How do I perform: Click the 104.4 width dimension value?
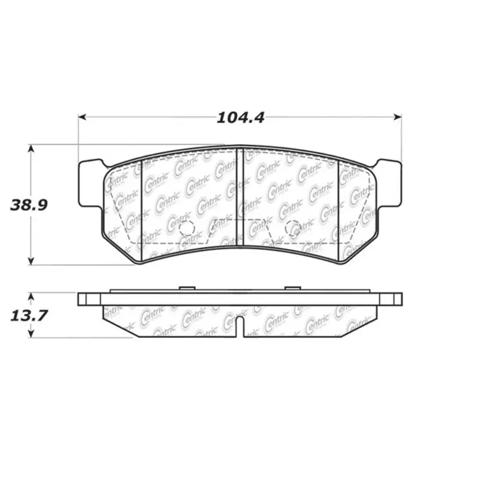coord(240,118)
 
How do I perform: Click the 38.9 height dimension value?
coord(29,205)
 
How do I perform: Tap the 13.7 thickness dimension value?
coord(27,315)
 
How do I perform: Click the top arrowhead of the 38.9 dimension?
coord(32,148)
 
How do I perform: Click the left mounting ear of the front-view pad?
coord(90,183)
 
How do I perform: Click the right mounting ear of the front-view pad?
coord(389,183)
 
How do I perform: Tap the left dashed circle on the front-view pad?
coord(187,228)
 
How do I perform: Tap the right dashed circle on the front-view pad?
coord(293,228)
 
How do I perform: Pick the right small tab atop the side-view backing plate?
coord(293,288)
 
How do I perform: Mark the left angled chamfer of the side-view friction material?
coord(120,322)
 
